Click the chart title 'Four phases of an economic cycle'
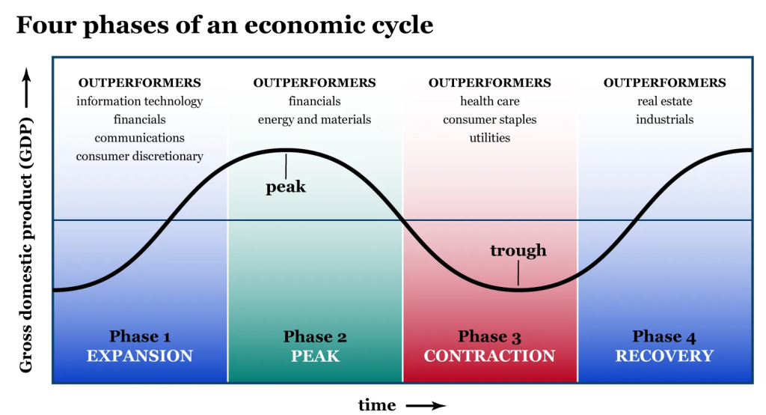[224, 25]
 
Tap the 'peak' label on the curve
[286, 187]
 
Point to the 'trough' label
[518, 250]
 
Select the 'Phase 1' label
[140, 336]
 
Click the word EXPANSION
[140, 356]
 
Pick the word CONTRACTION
[490, 356]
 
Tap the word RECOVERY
[664, 356]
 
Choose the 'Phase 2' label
[315, 336]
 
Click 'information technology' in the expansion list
[140, 101]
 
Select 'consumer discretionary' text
[140, 157]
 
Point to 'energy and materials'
[315, 120]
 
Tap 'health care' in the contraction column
[490, 101]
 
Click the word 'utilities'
[490, 138]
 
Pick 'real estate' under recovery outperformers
[664, 101]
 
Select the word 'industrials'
[664, 120]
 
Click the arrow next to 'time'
[426, 405]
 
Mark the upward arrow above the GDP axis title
[26, 87]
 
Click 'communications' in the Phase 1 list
[140, 138]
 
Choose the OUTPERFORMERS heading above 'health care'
[490, 82]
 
